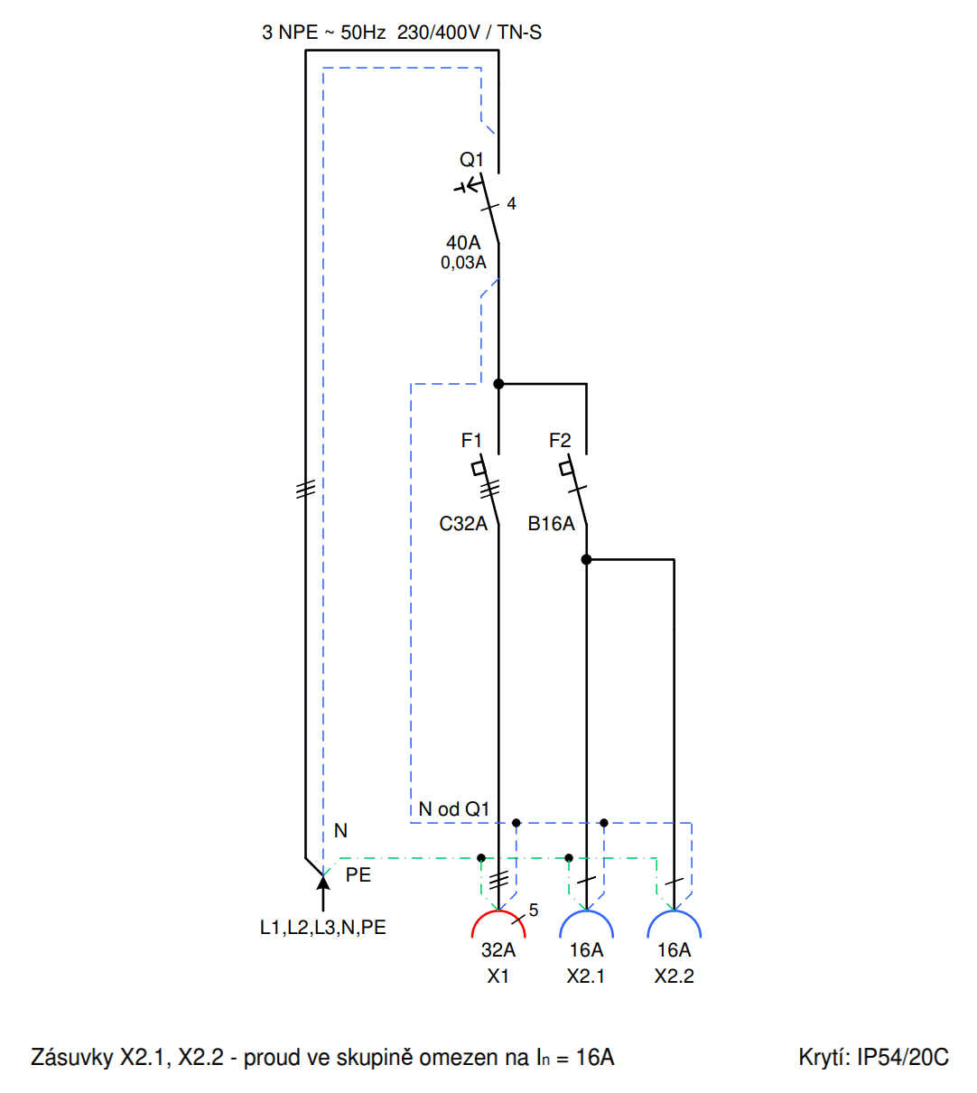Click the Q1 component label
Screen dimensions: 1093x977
coord(471,160)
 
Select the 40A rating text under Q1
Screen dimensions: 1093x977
coord(463,243)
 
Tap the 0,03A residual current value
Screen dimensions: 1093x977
coord(463,263)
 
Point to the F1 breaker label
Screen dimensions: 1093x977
coord(471,441)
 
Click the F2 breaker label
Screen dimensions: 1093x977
coord(560,441)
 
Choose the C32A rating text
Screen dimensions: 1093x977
coord(463,524)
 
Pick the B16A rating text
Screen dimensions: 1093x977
coord(551,524)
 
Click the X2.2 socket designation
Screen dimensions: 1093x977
coord(675,976)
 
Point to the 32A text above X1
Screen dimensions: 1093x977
coord(498,950)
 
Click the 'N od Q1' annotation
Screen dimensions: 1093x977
coord(453,809)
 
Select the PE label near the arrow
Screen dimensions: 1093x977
coord(358,875)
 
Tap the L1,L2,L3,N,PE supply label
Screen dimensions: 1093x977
coord(323,928)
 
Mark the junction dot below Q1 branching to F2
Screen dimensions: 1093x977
coord(498,384)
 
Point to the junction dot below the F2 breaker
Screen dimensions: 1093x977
coord(586,560)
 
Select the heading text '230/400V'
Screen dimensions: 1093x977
coord(439,33)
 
